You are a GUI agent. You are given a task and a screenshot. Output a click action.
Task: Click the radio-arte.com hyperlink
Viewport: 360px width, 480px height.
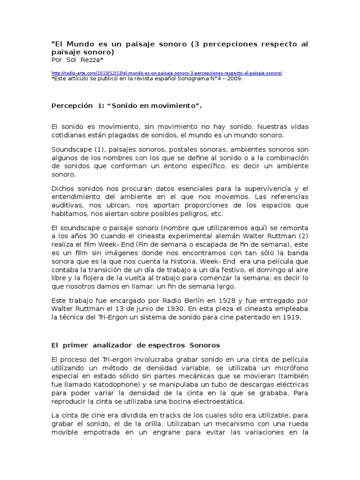point(166,74)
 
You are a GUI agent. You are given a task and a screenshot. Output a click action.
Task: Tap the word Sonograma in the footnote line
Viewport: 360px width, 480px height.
point(187,79)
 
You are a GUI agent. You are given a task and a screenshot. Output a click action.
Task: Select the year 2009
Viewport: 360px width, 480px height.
point(234,79)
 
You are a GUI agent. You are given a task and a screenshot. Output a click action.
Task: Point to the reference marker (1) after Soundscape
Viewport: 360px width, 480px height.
point(97,149)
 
